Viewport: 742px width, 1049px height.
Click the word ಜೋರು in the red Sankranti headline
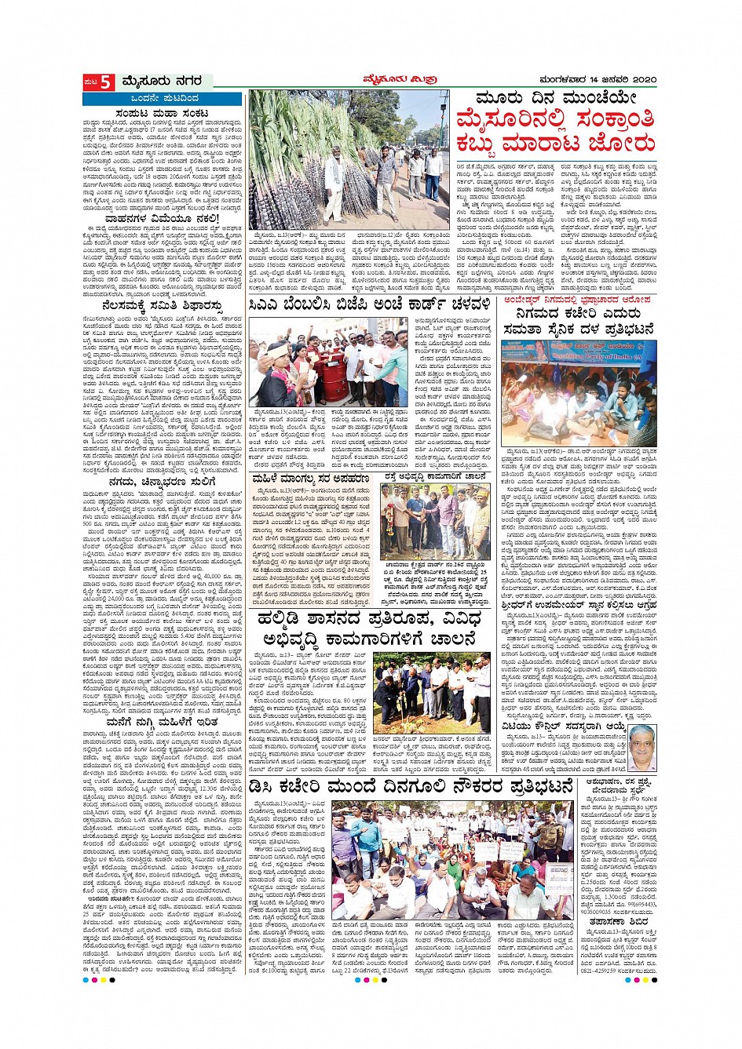pyautogui.click(x=619, y=145)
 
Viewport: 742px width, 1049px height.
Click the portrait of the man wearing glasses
pyautogui.click(x=642, y=746)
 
